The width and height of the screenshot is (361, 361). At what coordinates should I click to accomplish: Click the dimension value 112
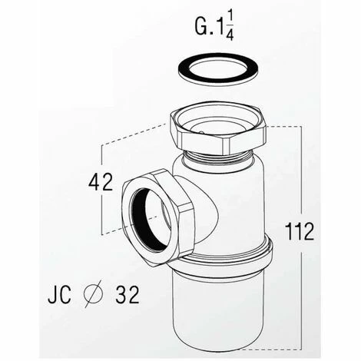(300, 231)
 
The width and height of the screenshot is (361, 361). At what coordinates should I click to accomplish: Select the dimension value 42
(101, 181)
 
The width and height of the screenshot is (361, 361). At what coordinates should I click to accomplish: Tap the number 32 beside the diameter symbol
(128, 294)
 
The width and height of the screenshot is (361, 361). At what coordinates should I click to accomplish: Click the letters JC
(59, 294)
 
